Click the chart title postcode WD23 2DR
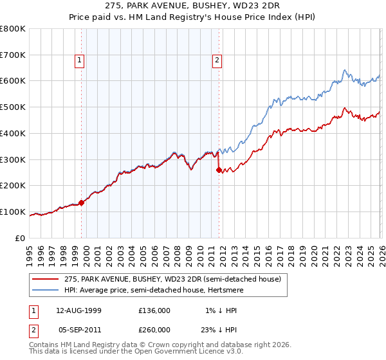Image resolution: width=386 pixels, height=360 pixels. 264,6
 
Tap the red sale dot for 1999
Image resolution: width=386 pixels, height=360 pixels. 82,203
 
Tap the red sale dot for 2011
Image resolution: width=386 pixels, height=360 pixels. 219,170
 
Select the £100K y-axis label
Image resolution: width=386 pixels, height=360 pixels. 14,212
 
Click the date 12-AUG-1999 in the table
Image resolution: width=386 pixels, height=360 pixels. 79,310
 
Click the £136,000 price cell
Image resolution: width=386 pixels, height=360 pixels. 154,310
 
